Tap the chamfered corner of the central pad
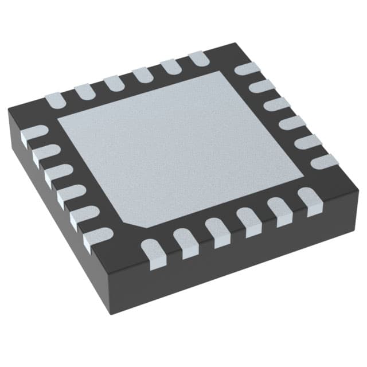pyautogui.click(x=130, y=221)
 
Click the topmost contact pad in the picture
pyautogui.click(x=198, y=58)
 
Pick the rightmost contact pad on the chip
pyautogui.click(x=325, y=162)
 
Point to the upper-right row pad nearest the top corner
pyautogui.click(x=247, y=69)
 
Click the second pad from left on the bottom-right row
pyautogui.click(x=185, y=241)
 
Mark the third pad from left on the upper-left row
pyautogui.click(x=114, y=83)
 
